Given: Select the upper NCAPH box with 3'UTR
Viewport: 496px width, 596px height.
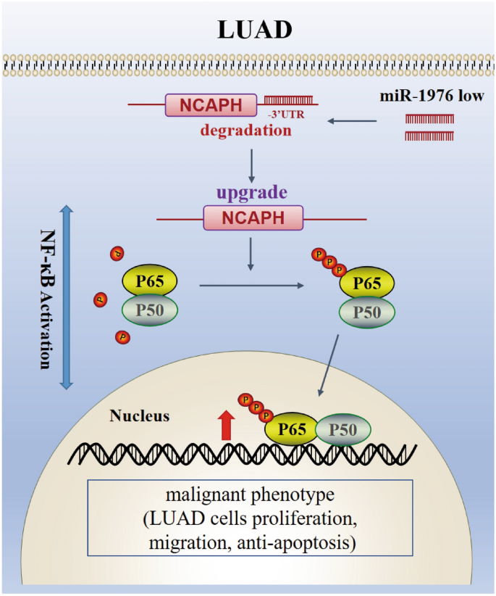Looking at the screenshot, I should click(211, 106).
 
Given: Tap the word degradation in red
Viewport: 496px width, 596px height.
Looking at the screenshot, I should click(247, 131).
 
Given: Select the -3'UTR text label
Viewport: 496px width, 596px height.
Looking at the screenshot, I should click(278, 115).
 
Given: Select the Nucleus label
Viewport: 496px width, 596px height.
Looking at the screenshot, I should click(140, 416).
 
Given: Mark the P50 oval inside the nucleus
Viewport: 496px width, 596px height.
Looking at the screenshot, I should click(343, 429).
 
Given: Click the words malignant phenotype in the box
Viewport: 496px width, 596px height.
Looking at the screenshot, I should click(247, 497).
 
